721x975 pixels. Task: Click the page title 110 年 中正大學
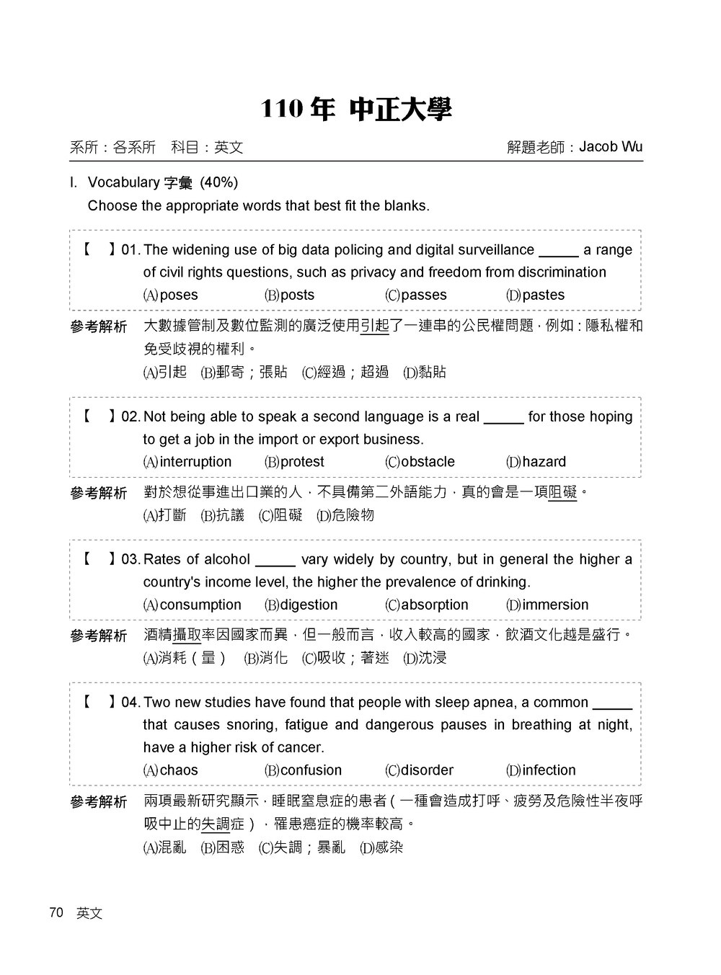pos(355,110)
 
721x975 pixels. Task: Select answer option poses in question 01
pos(178,295)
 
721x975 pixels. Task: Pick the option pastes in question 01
pos(543,295)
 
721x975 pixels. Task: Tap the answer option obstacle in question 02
pos(428,461)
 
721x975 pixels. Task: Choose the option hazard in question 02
pos(544,461)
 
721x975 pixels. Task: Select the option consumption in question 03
pos(200,605)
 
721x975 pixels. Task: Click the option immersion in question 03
pos(555,605)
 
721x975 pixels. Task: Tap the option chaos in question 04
pos(178,770)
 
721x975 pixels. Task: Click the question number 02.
pos(131,417)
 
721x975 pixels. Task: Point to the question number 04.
pos(131,702)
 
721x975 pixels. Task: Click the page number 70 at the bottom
pos(56,912)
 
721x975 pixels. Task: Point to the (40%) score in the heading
pos(218,182)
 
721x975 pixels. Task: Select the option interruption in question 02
pos(195,461)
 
